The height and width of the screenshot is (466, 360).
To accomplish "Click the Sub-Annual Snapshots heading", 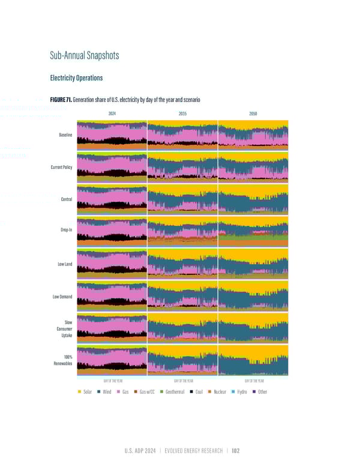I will (85, 56).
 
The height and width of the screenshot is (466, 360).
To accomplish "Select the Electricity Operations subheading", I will (76, 77).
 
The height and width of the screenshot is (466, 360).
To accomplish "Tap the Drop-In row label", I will (66, 231).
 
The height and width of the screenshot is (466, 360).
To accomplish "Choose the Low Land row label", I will (64, 264).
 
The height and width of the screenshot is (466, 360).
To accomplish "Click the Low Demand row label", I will (62, 296).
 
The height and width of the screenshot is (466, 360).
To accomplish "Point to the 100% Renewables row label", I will (63, 360).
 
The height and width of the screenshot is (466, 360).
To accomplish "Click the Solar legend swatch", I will (80, 392).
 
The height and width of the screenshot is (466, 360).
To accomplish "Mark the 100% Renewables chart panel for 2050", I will (253, 360).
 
